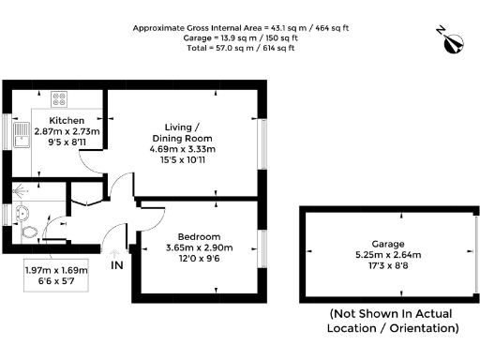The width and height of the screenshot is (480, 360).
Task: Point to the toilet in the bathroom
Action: tap(30, 231)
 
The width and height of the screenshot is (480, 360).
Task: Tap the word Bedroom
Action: tap(198, 235)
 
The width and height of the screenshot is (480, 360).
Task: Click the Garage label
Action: tap(386, 243)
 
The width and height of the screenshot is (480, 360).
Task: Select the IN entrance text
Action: tap(116, 266)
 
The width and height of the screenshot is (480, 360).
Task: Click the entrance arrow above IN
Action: tap(115, 251)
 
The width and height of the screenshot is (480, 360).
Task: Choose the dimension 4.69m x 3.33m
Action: tap(182, 149)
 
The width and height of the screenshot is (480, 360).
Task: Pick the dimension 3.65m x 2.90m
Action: tap(198, 247)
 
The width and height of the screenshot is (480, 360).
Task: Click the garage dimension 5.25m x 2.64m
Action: tap(386, 254)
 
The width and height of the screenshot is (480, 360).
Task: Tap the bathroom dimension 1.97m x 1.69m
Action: tap(55, 271)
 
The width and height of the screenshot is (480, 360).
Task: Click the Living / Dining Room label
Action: tap(182, 132)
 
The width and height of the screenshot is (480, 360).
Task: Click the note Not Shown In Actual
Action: tap(392, 313)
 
